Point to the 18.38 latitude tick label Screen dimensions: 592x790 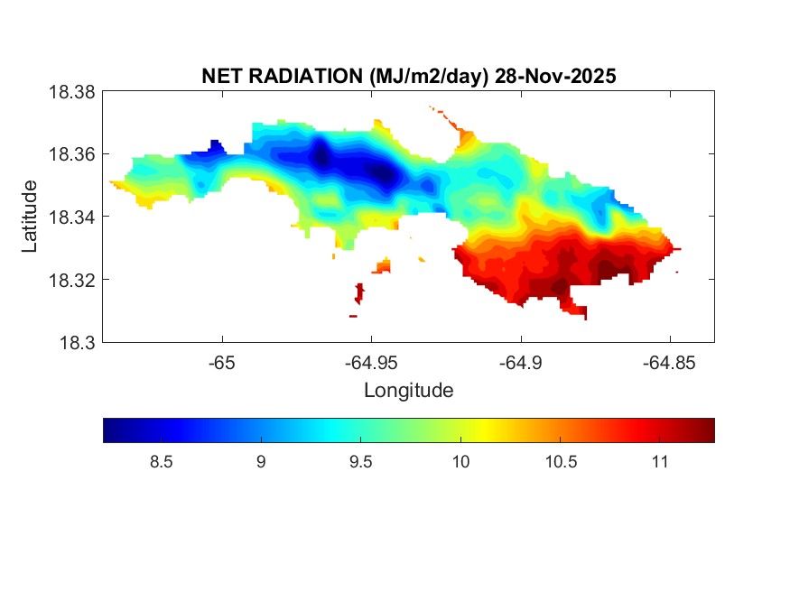pos(71,92)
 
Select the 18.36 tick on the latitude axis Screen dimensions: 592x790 pos(71,154)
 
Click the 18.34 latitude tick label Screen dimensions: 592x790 pos(71,217)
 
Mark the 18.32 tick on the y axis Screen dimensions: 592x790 pos(71,280)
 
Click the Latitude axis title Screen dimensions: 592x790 pos(30,217)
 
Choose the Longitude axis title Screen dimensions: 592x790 pos(408,391)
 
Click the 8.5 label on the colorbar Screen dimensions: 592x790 pos(161,463)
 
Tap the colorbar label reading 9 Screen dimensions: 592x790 pos(261,463)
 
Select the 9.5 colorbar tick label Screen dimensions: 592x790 pos(360,463)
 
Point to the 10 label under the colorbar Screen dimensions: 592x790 pos(460,463)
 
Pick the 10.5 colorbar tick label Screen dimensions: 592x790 pos(560,463)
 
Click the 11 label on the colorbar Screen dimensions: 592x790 pos(659,463)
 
